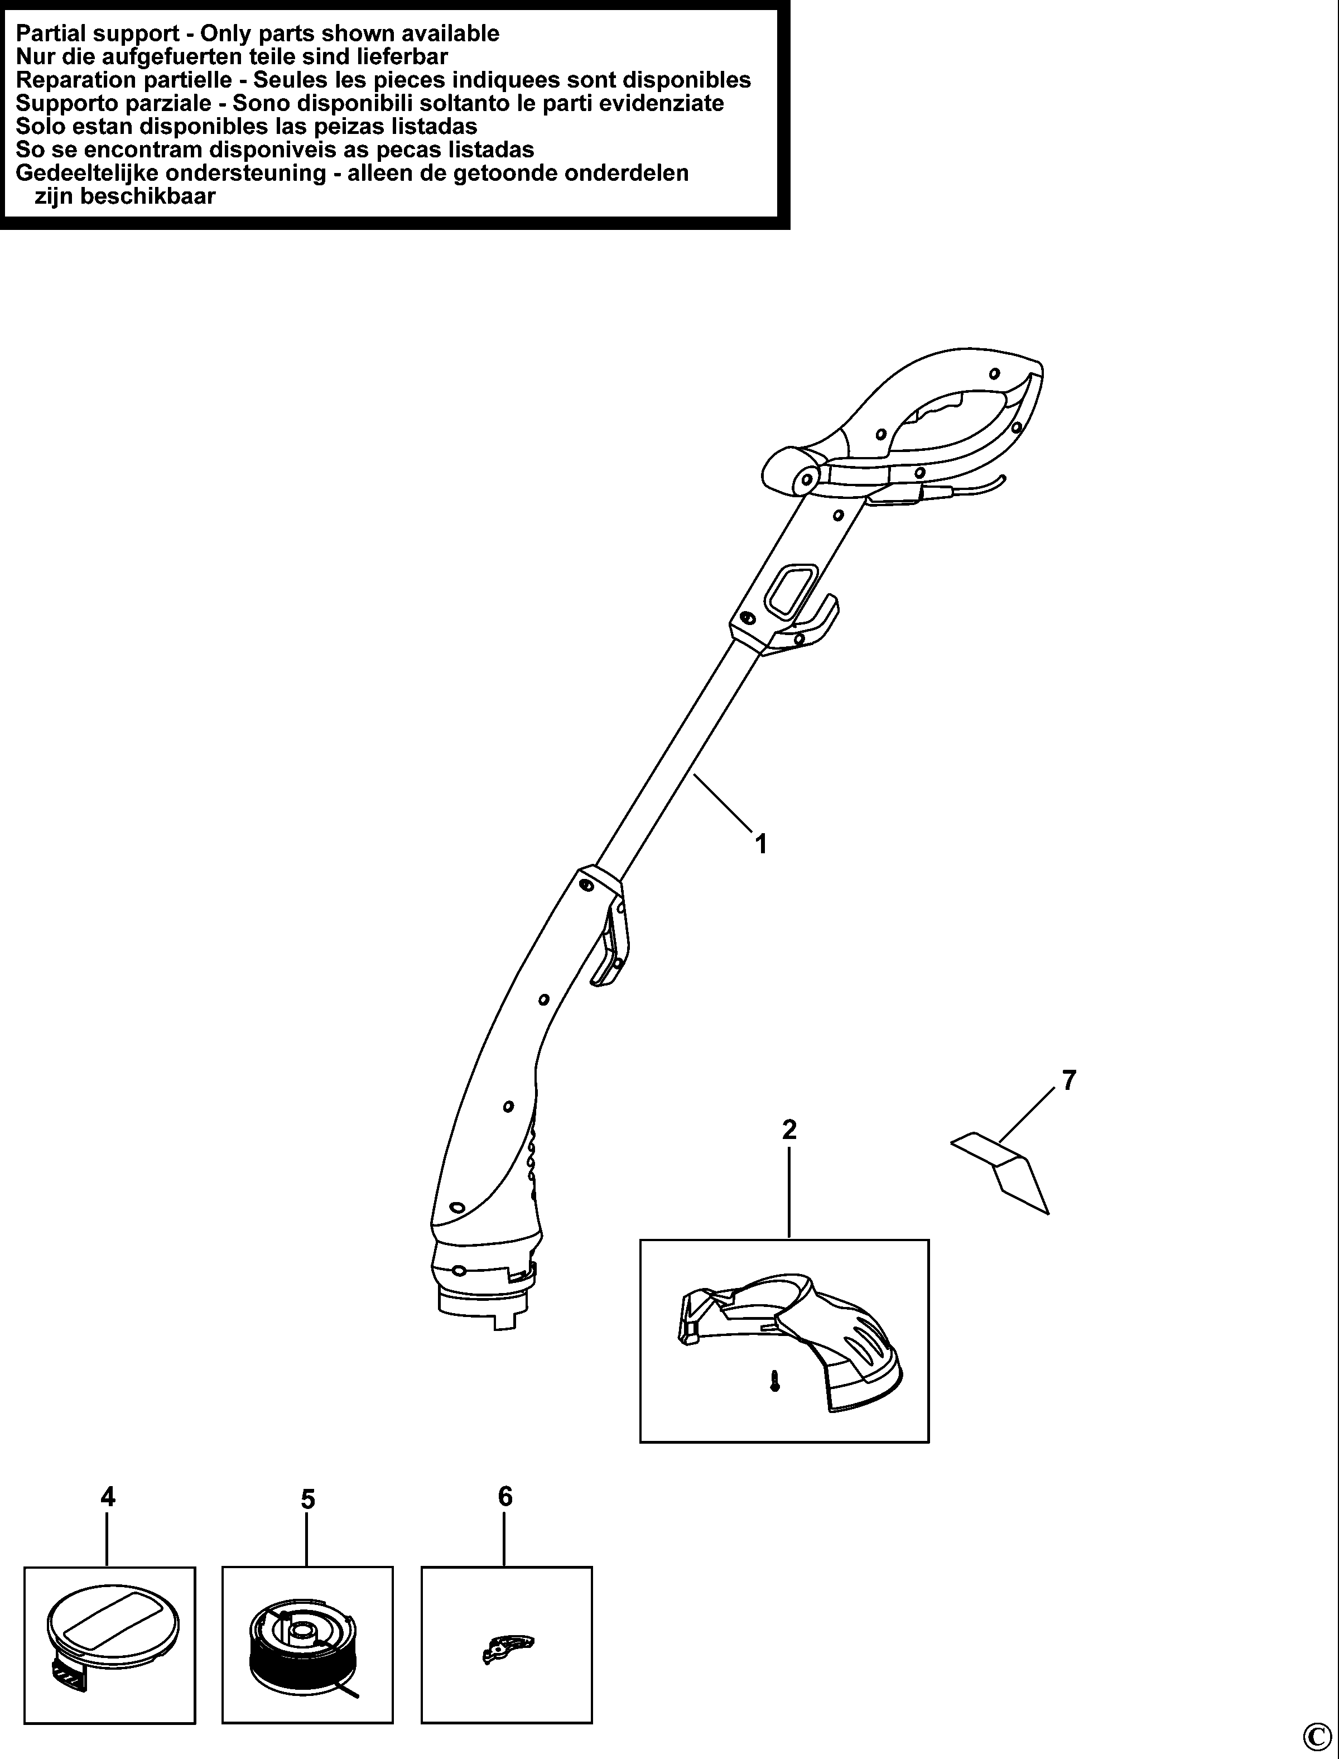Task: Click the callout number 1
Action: [x=761, y=843]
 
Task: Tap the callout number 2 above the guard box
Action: [x=789, y=1130]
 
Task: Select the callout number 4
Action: [x=108, y=1498]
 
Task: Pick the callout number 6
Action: [x=505, y=1497]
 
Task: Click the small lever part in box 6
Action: [x=508, y=1647]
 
